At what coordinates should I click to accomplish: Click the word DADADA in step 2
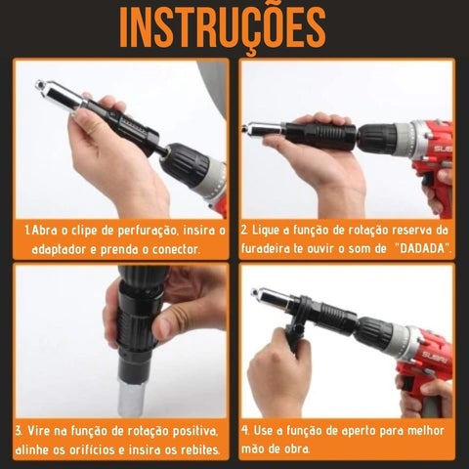tap(422, 249)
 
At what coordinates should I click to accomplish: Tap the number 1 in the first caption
tap(28, 231)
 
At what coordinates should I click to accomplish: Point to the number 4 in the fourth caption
tap(244, 430)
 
